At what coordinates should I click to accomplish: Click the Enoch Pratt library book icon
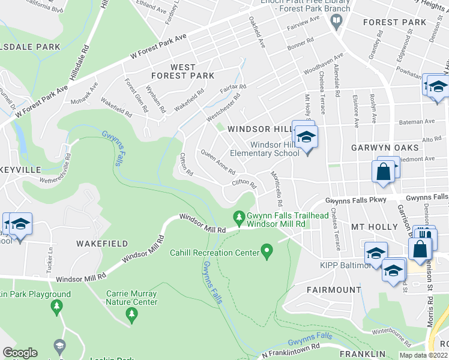[x=336, y=22]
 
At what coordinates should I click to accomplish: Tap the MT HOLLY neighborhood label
[x=374, y=227]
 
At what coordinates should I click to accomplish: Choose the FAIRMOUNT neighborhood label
[x=333, y=290]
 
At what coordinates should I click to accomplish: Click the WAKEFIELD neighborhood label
[x=101, y=244]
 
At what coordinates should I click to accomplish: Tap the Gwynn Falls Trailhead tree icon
[x=239, y=215]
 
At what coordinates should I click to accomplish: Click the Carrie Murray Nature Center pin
[x=131, y=313]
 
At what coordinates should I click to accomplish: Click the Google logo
[x=20, y=353]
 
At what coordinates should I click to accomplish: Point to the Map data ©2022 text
[x=423, y=355]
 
